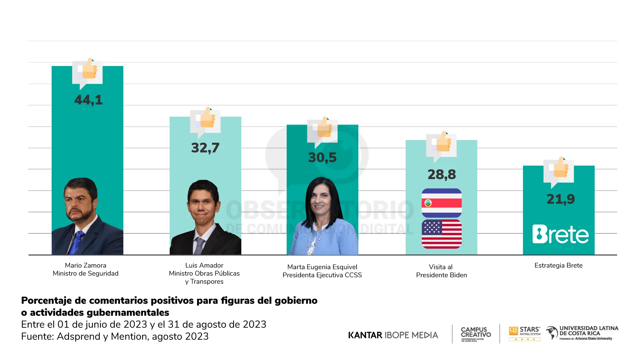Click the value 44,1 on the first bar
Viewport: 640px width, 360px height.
[x=88, y=100]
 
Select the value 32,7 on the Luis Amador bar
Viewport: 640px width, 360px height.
[x=205, y=148]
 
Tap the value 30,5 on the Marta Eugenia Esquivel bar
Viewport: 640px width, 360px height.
[x=322, y=158]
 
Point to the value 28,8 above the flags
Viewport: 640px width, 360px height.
[x=442, y=175]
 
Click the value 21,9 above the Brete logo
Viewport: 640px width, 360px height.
[x=561, y=199]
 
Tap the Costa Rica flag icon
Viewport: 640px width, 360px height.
[x=441, y=203]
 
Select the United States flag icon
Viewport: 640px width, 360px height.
[x=441, y=234]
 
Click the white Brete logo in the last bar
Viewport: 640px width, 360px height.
[x=560, y=234]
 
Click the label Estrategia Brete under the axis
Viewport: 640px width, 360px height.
[x=558, y=266]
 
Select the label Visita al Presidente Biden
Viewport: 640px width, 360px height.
[x=441, y=271]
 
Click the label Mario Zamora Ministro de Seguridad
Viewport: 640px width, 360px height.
[x=86, y=269]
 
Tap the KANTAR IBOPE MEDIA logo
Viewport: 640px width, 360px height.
[x=393, y=335]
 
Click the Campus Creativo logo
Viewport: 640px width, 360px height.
[x=476, y=334]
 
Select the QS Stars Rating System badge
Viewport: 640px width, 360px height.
[x=525, y=333]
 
